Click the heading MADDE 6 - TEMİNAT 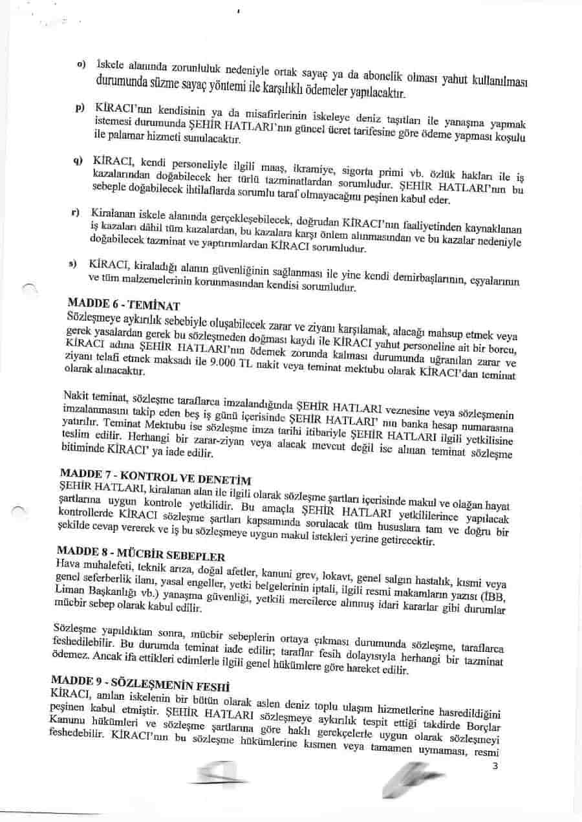click(x=123, y=304)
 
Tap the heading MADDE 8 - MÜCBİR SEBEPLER click(x=140, y=556)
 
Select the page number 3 click(x=495, y=767)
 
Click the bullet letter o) click(x=81, y=65)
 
